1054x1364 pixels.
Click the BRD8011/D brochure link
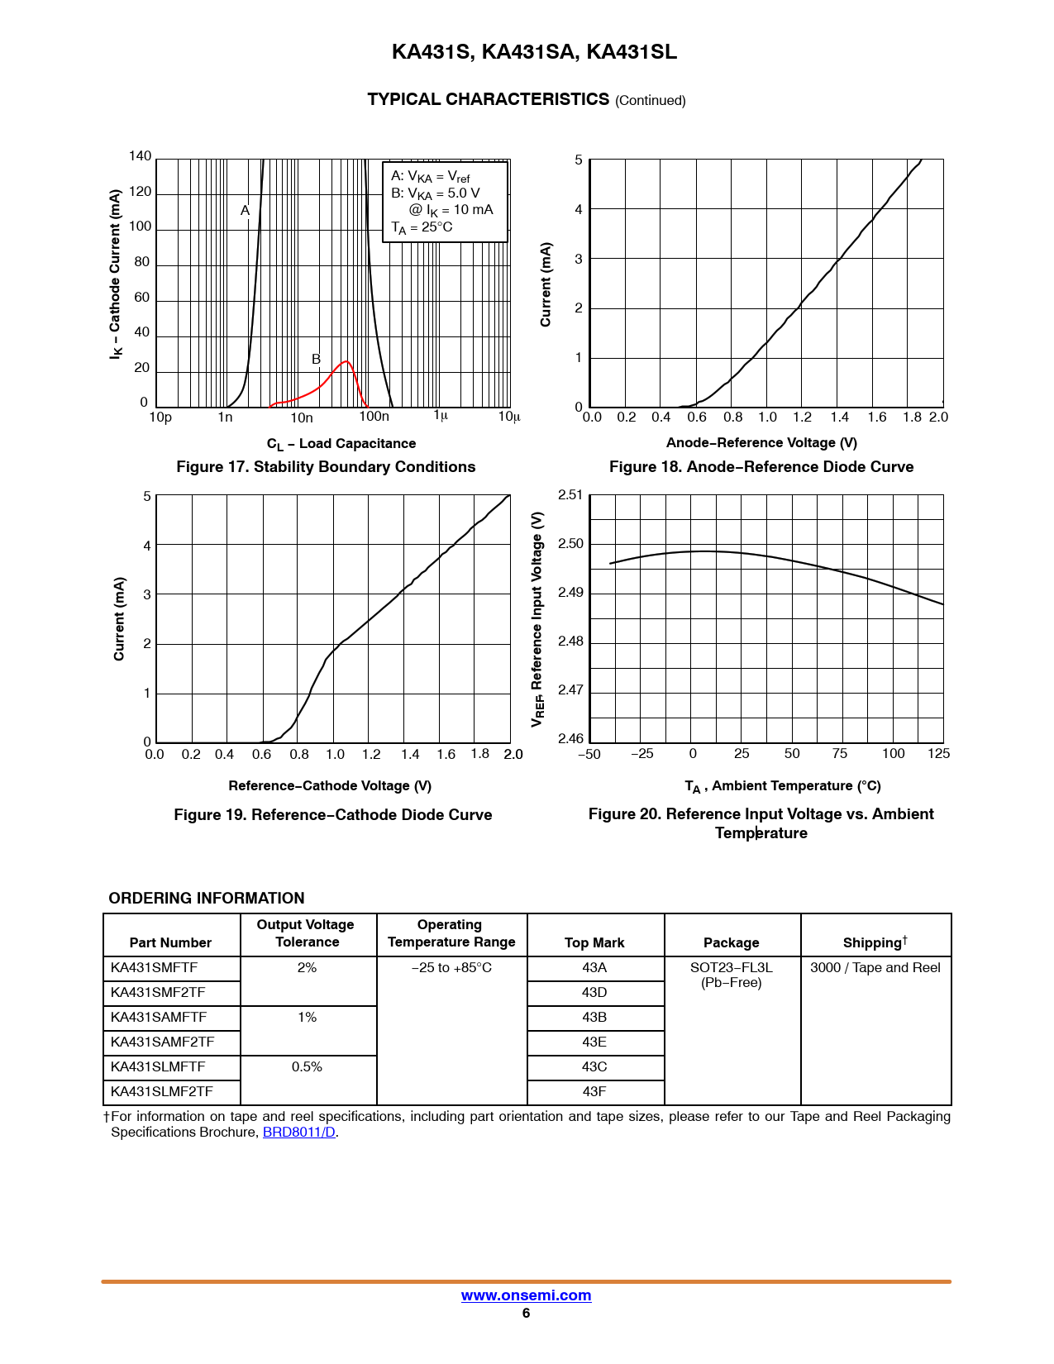298,1133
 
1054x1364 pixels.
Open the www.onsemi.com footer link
526,1295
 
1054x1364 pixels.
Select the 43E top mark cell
594,1042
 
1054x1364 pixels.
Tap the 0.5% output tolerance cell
307,1067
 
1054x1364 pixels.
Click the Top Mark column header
594,943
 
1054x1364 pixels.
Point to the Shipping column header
875,942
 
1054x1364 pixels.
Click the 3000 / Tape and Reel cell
875,968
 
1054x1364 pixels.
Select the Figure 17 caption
326,467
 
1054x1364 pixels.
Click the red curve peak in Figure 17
346,362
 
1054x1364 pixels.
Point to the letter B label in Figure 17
316,360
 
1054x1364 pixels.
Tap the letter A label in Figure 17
245,211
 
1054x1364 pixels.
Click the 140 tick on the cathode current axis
141,156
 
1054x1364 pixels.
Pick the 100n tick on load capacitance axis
374,417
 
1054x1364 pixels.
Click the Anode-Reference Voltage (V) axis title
761,443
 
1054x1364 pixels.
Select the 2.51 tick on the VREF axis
570,495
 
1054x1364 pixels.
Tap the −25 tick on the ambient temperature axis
641,754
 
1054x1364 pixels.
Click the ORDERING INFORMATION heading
207,899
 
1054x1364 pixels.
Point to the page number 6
526,1314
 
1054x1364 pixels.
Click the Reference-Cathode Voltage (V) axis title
330,786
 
